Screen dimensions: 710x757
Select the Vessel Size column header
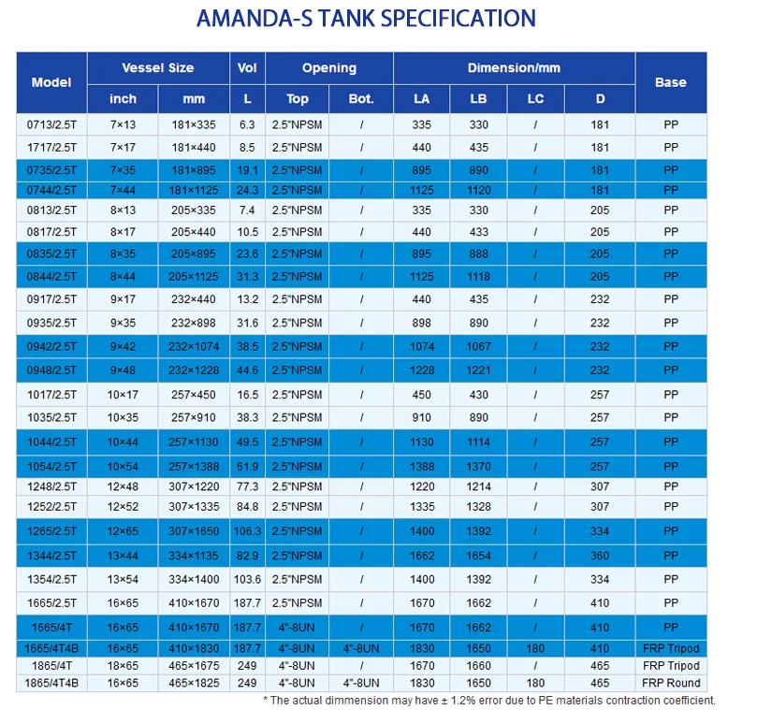point(158,67)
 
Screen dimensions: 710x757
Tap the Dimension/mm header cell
point(514,67)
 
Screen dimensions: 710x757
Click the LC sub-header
point(535,98)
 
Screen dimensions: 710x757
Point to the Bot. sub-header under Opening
point(361,98)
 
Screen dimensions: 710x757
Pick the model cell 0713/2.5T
point(51,124)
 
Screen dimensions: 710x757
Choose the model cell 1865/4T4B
point(51,683)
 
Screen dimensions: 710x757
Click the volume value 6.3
point(247,124)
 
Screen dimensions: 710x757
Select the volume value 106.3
point(247,531)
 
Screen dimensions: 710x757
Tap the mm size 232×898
point(194,324)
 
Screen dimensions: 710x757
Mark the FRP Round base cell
point(671,683)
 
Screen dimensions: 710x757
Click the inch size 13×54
point(123,580)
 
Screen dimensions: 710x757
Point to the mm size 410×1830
point(194,648)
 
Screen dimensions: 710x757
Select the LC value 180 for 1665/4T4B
point(535,648)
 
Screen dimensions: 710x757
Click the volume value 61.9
point(247,466)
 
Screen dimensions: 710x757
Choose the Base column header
point(670,82)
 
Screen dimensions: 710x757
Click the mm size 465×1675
point(194,666)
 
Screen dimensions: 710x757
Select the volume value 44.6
point(247,369)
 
